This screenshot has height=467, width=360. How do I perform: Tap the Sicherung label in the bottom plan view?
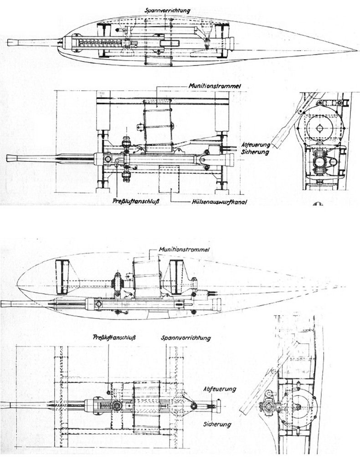(x=217, y=424)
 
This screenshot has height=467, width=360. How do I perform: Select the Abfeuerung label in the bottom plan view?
(x=220, y=389)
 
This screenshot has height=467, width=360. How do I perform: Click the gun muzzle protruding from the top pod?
(x=14, y=42)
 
